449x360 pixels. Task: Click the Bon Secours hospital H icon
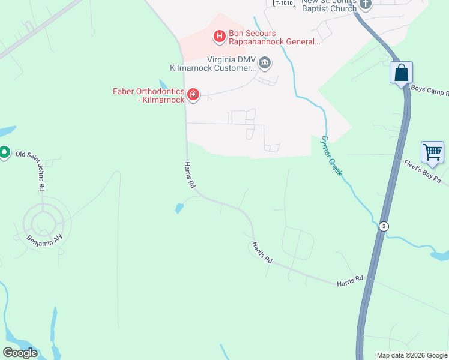[220, 37]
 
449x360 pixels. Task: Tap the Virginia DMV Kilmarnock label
[231, 64]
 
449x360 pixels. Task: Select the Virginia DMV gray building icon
[265, 63]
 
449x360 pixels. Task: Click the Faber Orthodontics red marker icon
[193, 94]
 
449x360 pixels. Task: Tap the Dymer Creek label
[331, 155]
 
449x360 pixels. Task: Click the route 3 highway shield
[383, 226]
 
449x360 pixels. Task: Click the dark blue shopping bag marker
[401, 73]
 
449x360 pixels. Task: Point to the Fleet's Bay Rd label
[423, 172]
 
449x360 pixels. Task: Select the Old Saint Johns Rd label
[35, 170]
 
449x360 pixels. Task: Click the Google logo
[20, 353]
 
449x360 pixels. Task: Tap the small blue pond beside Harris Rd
[179, 208]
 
